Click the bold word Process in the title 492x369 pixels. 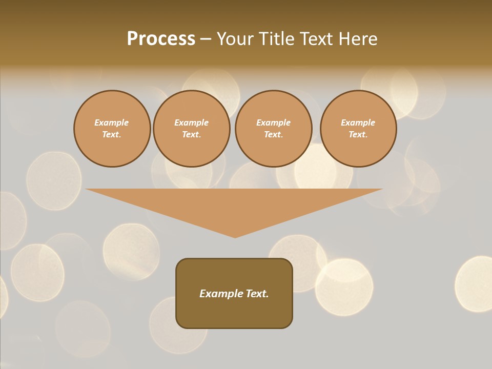(161, 39)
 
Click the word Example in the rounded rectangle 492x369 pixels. (221, 294)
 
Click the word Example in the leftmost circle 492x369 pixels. (112, 122)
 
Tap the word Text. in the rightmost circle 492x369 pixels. (358, 134)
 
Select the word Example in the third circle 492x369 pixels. (274, 122)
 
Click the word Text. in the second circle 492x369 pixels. (192, 134)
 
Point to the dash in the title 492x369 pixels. (206, 39)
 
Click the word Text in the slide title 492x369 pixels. (317, 39)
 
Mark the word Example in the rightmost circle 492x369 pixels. (358, 122)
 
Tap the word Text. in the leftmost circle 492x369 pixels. (112, 134)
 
